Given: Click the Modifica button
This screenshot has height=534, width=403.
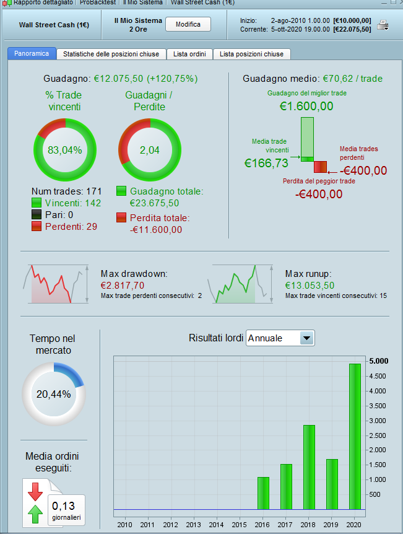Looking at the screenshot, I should click(188, 24).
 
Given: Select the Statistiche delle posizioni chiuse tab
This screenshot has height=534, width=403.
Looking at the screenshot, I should click(111, 54).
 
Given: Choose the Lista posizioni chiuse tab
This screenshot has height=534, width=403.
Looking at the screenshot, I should click(251, 54).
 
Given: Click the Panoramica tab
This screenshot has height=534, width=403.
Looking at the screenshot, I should click(32, 54).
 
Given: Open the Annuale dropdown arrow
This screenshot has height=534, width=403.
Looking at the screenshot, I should click(307, 338).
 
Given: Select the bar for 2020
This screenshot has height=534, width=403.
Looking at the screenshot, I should click(355, 436).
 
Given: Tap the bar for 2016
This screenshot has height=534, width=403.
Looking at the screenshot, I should click(263, 493).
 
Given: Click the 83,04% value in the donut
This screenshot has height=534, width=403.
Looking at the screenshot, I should click(65, 150).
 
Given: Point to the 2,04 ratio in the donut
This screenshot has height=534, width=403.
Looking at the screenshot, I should click(150, 150).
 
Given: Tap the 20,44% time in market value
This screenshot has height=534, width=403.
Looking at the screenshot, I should click(53, 393).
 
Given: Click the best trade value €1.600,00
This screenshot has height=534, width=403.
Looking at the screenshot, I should click(306, 107).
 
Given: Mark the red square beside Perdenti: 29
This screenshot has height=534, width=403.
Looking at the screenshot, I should click(37, 226).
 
